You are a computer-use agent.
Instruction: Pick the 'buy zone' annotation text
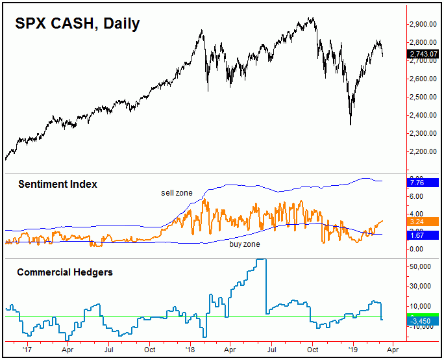point(244,244)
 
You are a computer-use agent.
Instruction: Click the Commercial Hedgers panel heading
point(64,272)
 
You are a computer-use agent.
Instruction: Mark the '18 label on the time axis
point(190,349)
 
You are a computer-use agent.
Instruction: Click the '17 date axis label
point(27,349)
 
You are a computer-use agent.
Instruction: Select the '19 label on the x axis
point(352,349)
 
